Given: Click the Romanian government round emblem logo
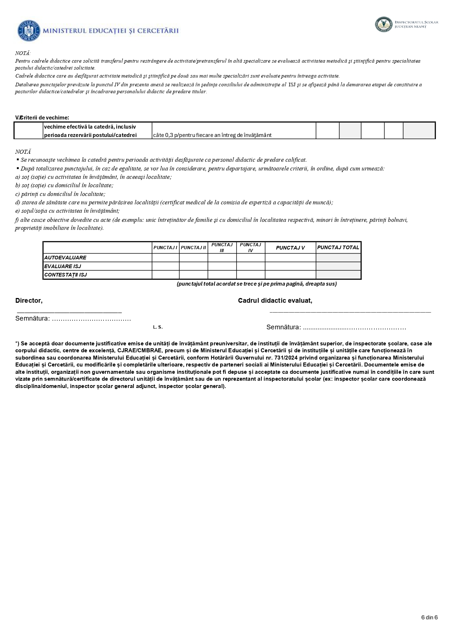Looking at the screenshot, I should (x=28, y=31).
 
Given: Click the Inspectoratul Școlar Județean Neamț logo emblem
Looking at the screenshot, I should (x=383, y=24).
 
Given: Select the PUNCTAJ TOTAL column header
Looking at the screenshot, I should (x=338, y=247).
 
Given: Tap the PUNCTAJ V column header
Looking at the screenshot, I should (x=290, y=248).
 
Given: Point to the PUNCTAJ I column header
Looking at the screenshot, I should (x=165, y=248).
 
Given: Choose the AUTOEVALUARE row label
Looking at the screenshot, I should (x=65, y=258).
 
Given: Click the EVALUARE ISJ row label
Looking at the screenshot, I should (x=63, y=266).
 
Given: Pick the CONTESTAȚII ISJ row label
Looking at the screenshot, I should (x=66, y=275).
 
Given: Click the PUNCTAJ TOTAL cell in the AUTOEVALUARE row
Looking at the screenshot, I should (x=338, y=258).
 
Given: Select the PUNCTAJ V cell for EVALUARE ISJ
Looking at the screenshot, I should (x=290, y=266).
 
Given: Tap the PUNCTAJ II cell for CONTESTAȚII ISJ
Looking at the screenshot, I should (x=193, y=275).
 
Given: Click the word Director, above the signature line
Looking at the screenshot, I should (x=29, y=301).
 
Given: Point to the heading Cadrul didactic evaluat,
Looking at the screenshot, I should (x=275, y=301).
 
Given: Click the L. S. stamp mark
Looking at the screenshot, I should (x=158, y=327).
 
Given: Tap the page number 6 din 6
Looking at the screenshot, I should (x=429, y=617).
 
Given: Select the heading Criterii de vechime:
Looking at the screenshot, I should (x=44, y=117).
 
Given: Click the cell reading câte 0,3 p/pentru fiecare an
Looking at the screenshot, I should (x=212, y=135).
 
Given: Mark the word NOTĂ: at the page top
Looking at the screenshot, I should (x=23, y=53).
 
